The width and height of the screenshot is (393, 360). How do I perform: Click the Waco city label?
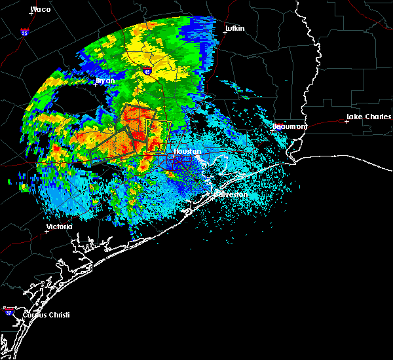pyautogui.click(x=41, y=10)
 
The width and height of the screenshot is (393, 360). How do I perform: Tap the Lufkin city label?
pyautogui.click(x=234, y=29)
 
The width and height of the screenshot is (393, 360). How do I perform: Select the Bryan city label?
pyautogui.click(x=105, y=81)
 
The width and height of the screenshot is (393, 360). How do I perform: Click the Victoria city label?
pyautogui.click(x=59, y=226)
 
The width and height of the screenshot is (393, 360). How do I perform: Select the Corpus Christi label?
pyautogui.click(x=46, y=315)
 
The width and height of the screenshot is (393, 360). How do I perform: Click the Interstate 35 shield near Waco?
pyautogui.click(x=24, y=31)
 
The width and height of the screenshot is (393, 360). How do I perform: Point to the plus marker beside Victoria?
pyautogui.click(x=47, y=231)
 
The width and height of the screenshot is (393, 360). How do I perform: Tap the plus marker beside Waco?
pyautogui.click(x=31, y=14)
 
